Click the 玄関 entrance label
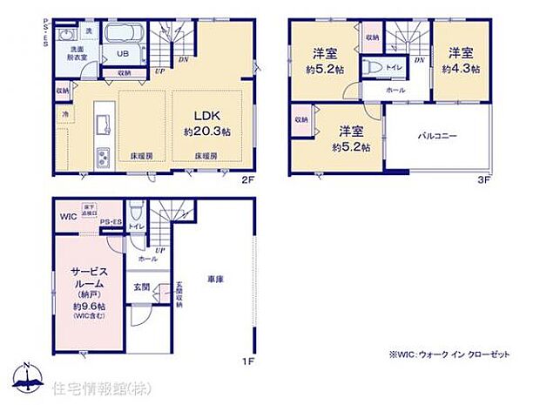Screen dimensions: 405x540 (x=140, y=287)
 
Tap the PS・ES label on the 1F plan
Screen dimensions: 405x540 (x=111, y=224)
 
